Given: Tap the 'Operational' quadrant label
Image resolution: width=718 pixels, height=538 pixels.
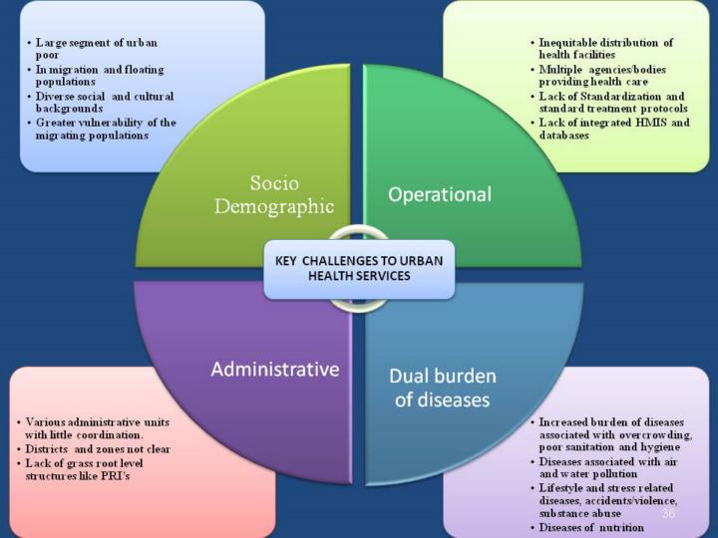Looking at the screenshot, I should pos(440,194).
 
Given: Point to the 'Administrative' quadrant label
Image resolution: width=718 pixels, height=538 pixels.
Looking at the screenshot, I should pos(274,370).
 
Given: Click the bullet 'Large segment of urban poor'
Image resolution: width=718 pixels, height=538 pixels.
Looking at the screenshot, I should pos(100,50).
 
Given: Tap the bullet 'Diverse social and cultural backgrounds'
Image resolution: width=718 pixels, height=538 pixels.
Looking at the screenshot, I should pos(100,102).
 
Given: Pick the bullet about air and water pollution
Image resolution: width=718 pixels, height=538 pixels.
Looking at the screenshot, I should pos(608,468).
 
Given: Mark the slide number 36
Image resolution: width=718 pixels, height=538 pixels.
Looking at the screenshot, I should pos(668,513).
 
